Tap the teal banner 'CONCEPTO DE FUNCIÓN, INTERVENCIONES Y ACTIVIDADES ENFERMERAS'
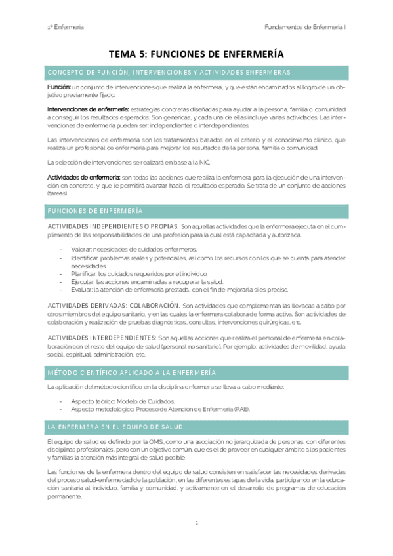click(196, 72)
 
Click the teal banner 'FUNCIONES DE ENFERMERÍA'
click(196, 210)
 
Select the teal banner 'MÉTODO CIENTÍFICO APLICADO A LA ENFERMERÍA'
click(196, 372)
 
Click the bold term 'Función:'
click(59, 87)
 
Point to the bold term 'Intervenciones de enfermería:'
click(88, 108)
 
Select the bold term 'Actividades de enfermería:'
click(83, 178)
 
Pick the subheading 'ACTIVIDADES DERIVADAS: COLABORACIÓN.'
click(114, 306)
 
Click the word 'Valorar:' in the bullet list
click(81, 250)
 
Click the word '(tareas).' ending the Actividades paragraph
click(58, 193)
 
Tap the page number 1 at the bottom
click(196, 523)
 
